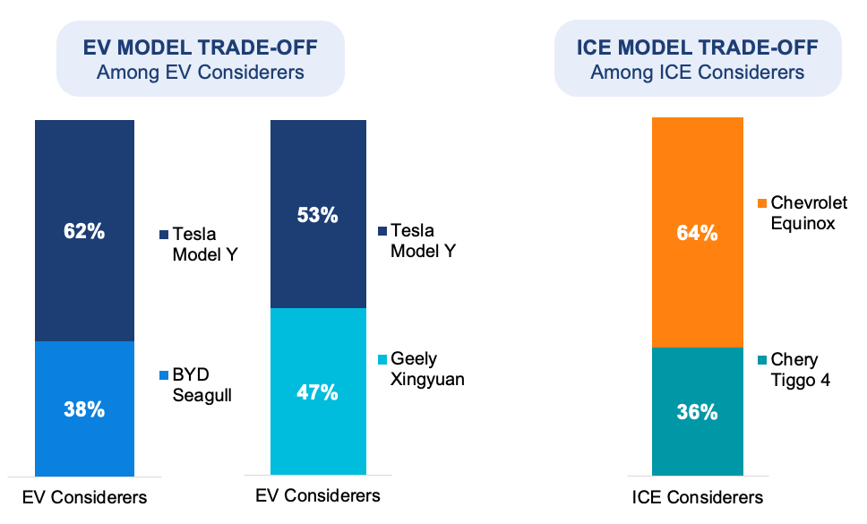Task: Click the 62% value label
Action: coord(84,231)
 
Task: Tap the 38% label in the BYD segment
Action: coord(84,409)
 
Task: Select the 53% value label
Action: coord(319,215)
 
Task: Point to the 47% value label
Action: coord(319,391)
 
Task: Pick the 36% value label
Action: coord(698,412)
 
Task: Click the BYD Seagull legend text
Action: coord(202,384)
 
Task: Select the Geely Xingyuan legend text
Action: coord(426,369)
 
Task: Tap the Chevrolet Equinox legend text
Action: coord(809,213)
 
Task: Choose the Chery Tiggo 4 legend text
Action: coord(801,370)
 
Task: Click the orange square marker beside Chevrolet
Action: coord(761,204)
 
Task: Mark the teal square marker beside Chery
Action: coord(761,360)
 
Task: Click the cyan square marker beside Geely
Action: coord(382,360)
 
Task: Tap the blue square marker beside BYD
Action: coord(163,375)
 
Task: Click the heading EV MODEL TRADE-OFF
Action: coord(200,48)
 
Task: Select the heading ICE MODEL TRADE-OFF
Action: coord(697,48)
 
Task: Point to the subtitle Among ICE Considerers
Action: coord(697,72)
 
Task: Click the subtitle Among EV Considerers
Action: coord(200,72)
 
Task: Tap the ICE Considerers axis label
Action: coord(698,497)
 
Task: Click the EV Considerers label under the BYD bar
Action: coord(84,497)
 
